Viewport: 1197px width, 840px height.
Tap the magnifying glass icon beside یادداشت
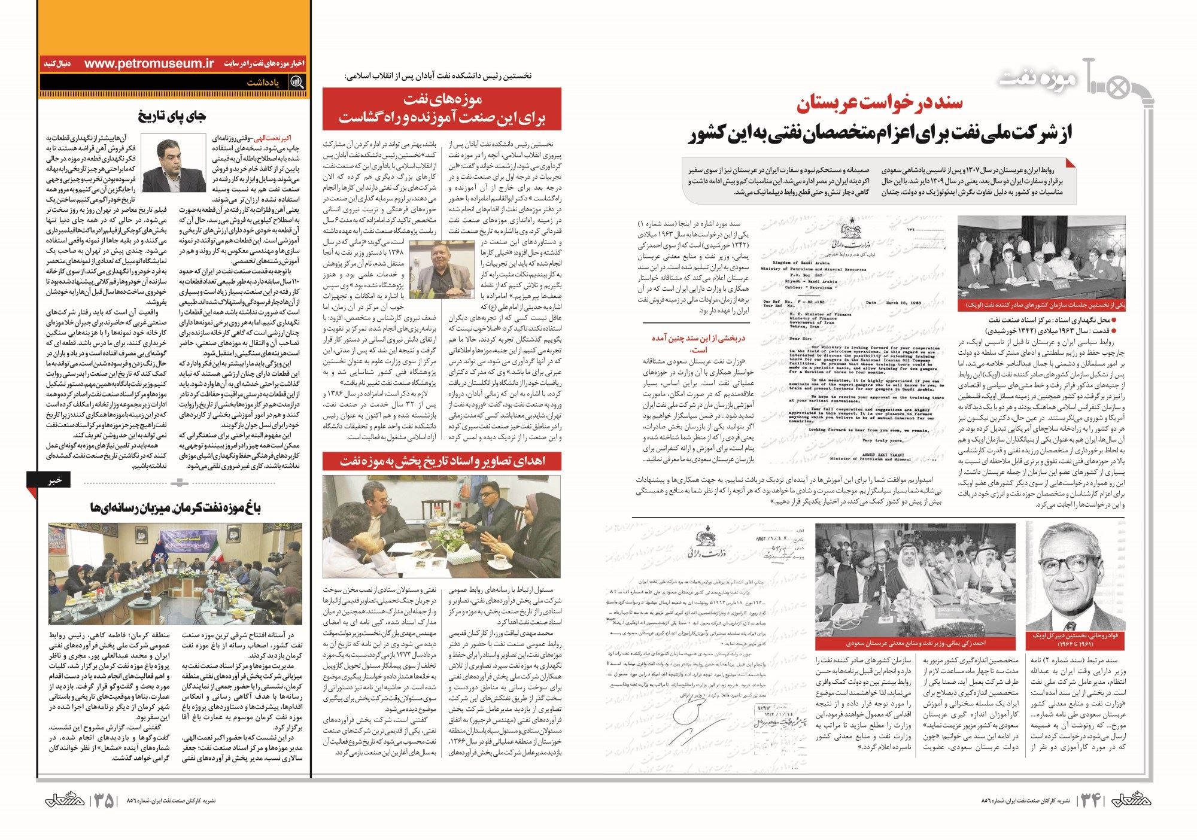[296, 83]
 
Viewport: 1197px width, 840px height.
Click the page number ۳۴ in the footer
[1090, 801]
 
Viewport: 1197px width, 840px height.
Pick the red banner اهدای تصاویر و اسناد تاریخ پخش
[442, 461]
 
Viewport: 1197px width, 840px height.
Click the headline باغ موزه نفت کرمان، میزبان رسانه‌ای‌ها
[175, 508]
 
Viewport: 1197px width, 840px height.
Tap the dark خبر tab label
[55, 479]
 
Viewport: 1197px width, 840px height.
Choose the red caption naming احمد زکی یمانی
[915, 643]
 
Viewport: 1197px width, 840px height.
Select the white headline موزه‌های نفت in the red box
[442, 99]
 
